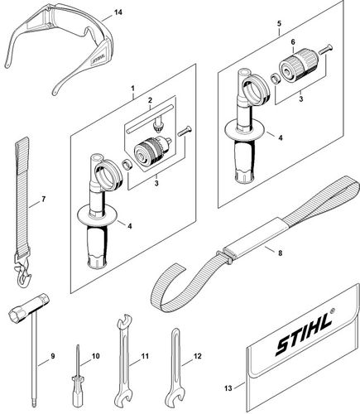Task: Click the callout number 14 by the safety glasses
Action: (118, 12)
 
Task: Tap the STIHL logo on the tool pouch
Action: (304, 334)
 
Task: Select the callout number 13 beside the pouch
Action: (228, 388)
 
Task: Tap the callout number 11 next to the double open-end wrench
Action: (145, 356)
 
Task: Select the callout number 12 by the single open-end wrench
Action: (198, 356)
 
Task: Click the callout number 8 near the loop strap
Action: (281, 253)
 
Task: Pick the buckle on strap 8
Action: (225, 256)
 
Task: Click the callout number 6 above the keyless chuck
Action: (293, 42)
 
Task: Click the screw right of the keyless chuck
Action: (325, 49)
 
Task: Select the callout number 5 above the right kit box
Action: (279, 23)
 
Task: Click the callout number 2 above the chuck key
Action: (150, 99)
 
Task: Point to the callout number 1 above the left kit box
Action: (132, 89)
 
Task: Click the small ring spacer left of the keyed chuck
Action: (127, 165)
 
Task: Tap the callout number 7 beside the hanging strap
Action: (43, 199)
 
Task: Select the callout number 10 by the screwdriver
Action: (95, 356)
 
